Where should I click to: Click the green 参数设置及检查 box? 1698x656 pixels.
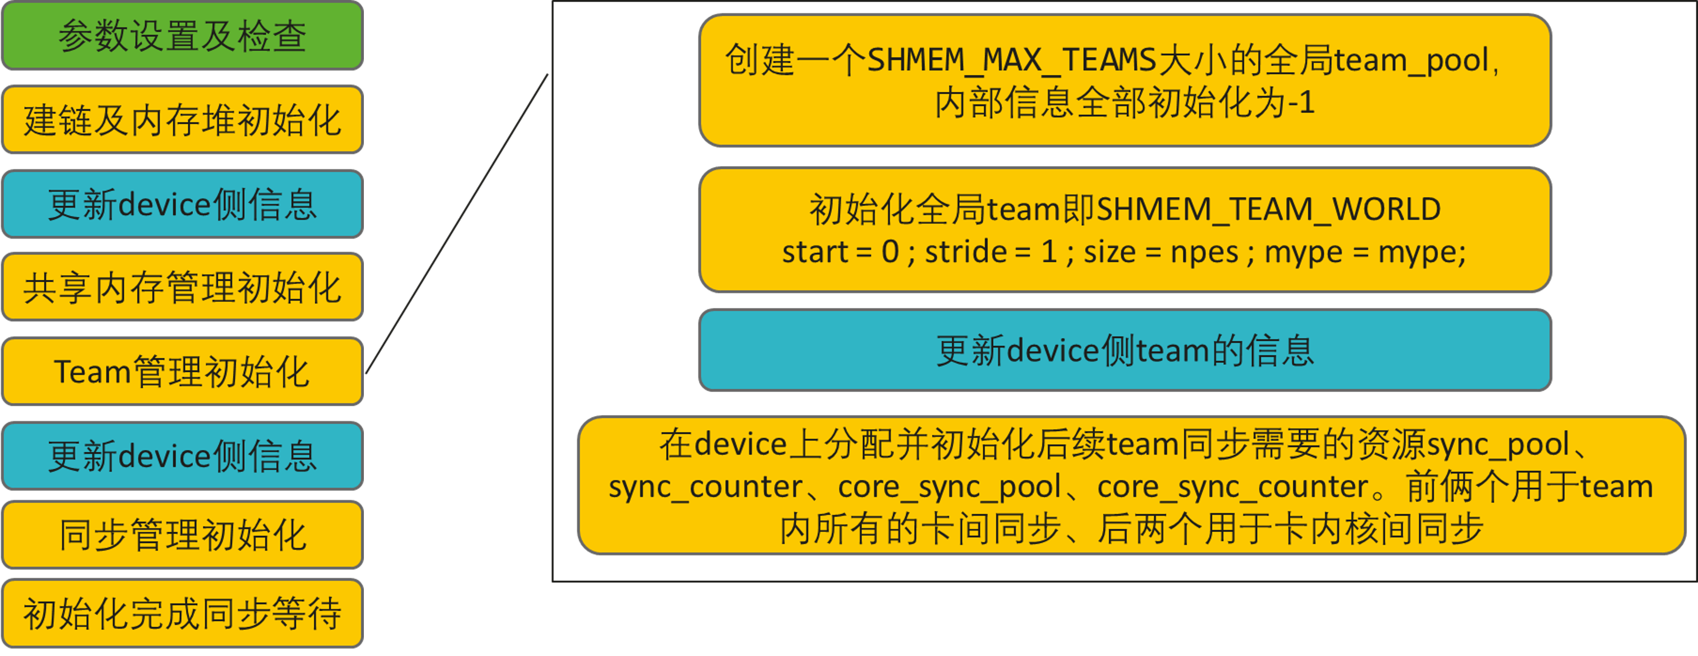183,35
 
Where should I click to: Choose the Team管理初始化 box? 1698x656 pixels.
183,372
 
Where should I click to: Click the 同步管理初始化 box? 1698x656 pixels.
183,534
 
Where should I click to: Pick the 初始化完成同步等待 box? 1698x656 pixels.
183,613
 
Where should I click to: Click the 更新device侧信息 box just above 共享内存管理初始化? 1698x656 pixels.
183,204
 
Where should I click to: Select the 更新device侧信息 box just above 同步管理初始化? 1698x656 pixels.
183,456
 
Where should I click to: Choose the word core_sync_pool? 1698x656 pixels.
949,487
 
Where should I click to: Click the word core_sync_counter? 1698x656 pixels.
1233,487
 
